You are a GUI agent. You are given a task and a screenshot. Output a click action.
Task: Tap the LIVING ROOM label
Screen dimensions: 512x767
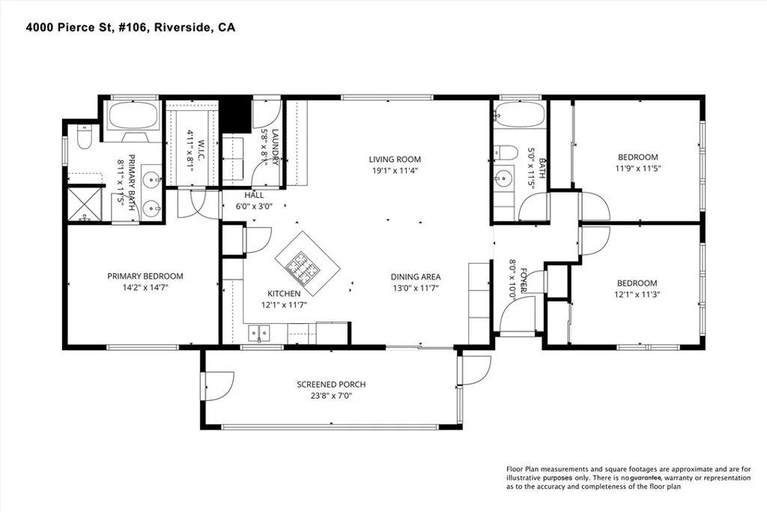click(394, 159)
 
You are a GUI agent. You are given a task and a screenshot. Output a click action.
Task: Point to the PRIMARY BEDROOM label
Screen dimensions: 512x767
click(145, 276)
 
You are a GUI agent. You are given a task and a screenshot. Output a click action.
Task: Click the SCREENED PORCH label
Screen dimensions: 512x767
click(331, 385)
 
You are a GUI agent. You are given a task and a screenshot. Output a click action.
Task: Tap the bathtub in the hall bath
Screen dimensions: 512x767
click(519, 117)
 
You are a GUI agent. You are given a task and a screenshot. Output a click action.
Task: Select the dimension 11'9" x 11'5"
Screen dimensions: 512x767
click(638, 168)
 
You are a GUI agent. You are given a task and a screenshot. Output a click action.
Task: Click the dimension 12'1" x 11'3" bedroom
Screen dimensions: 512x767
click(637, 294)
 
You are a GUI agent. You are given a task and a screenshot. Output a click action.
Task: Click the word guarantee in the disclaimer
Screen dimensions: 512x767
click(649, 478)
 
